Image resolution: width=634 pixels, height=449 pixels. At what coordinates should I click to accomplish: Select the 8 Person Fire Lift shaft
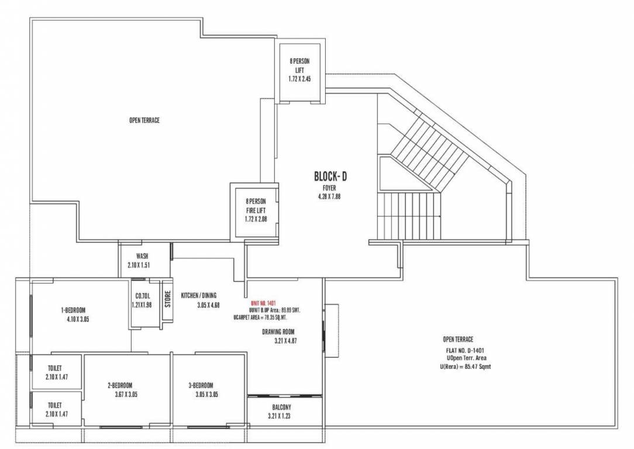coord(256,210)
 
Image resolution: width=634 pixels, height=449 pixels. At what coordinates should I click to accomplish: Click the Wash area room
coord(142,261)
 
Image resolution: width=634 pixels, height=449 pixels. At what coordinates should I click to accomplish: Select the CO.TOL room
coord(143,301)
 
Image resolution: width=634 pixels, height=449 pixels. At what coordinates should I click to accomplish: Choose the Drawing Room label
coord(278,331)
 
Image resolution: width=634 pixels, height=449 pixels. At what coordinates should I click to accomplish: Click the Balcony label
coord(282,407)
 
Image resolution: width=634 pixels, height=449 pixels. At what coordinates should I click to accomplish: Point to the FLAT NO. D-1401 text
coord(466,351)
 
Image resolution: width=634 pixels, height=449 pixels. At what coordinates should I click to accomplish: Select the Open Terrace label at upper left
coord(144,120)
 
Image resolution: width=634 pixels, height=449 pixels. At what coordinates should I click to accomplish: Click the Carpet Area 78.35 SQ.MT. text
coord(267,317)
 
